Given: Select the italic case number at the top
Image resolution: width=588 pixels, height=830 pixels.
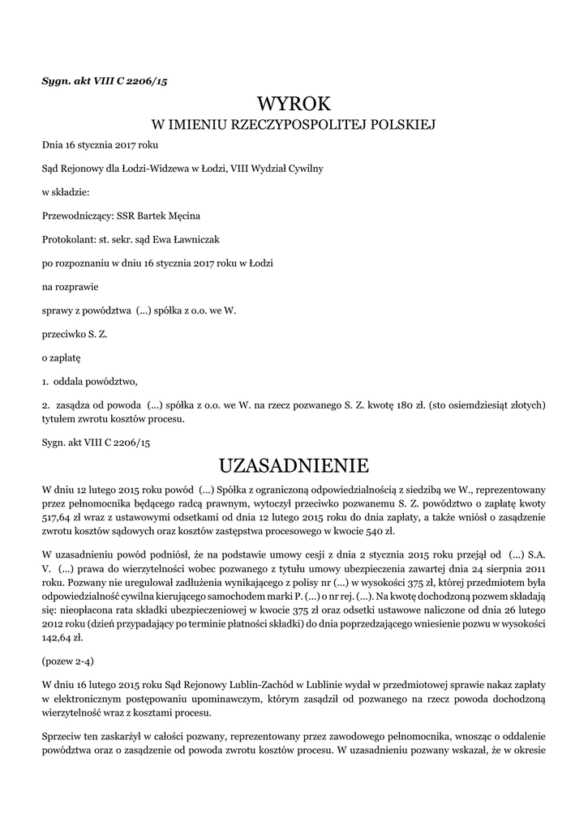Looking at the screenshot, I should (x=105, y=80).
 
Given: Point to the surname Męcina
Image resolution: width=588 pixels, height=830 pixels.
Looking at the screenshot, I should (x=182, y=216).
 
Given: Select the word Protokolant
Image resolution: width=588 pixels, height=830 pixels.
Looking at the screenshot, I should (x=67, y=239).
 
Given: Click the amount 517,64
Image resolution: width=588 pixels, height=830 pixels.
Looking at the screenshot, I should (x=57, y=516).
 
